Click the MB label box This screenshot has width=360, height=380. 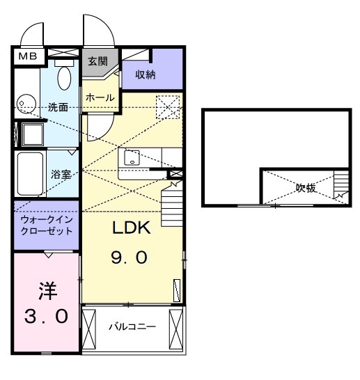point(28,56)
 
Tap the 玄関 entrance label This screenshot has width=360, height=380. point(95,61)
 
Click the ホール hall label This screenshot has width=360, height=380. point(100,98)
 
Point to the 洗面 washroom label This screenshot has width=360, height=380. point(58,107)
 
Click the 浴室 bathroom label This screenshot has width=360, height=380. point(61,174)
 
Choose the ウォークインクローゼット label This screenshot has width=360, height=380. point(46,224)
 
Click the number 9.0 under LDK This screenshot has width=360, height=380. point(129,258)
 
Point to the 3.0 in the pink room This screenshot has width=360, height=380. point(46,317)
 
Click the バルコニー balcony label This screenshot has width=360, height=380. point(132,326)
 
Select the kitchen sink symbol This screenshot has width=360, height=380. point(132,159)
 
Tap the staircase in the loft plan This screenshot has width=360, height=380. point(340,186)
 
